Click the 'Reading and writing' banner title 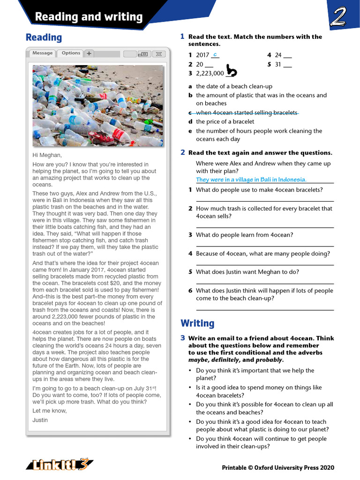coord(89,17)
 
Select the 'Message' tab coord(42,53)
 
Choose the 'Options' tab coord(71,53)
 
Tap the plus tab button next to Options coord(89,54)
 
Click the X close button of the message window coord(159,54)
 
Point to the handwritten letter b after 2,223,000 coord(232,71)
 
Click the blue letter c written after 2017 coord(215,55)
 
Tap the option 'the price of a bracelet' coord(225,122)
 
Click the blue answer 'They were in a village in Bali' coord(251,180)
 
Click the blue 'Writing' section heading coord(197,323)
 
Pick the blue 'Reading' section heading coord(44,37)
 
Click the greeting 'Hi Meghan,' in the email coord(47,155)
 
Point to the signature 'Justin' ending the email coord(40,420)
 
